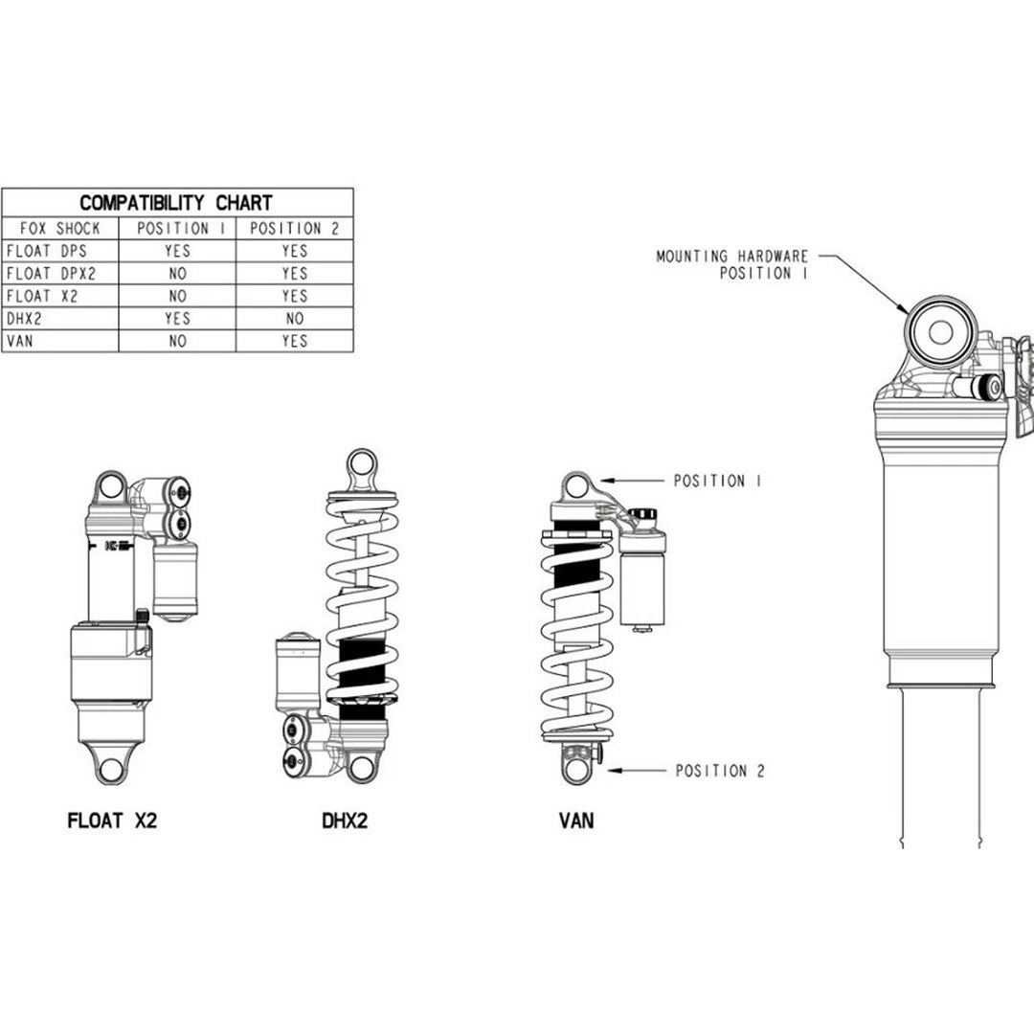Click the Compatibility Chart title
176,203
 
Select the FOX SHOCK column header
60,229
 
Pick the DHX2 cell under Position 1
177,318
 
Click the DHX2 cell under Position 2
294,318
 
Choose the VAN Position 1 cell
177,341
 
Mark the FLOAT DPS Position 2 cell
294,251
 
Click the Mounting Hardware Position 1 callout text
732,265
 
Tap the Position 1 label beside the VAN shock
717,482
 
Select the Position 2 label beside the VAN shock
720,771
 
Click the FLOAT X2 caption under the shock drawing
112,820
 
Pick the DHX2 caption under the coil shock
345,820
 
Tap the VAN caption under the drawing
574,820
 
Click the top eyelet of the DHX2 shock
363,466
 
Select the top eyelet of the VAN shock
574,485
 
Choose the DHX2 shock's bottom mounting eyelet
362,766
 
